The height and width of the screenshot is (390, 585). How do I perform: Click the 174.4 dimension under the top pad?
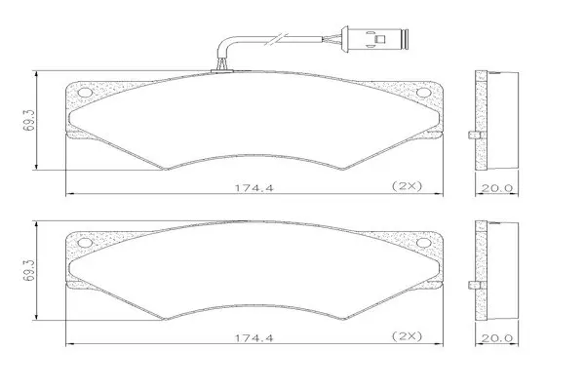tap(253, 188)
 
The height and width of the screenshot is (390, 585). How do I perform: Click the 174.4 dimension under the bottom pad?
tap(253, 338)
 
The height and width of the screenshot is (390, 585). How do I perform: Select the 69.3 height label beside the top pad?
tap(28, 120)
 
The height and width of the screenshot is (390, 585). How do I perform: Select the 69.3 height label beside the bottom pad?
tap(28, 271)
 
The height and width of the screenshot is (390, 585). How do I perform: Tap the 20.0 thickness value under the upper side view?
tap(496, 188)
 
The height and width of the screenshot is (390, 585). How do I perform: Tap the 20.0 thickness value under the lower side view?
tap(496, 338)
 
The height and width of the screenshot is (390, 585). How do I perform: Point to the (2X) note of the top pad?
tap(407, 186)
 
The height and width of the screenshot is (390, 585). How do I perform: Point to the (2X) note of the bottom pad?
tap(407, 336)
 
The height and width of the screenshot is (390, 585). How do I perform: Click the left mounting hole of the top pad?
tap(85, 93)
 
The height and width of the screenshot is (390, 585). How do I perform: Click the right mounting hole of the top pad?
tap(423, 93)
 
